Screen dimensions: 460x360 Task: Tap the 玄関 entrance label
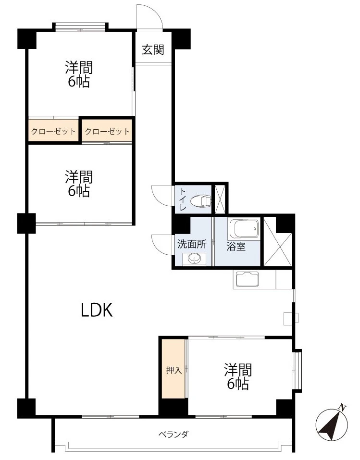tap(153, 50)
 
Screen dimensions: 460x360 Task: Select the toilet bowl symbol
tap(201, 200)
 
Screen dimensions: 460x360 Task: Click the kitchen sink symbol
tap(246, 279)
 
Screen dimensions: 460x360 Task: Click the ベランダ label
tap(174, 435)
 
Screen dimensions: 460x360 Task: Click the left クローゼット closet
tap(53, 131)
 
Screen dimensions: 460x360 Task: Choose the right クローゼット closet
tap(107, 131)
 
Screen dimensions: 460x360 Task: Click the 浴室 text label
tap(236, 246)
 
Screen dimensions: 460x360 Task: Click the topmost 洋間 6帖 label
tap(79, 74)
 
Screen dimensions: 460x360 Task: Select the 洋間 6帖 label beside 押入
tap(237, 376)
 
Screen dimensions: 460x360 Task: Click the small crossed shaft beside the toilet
tap(220, 199)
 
